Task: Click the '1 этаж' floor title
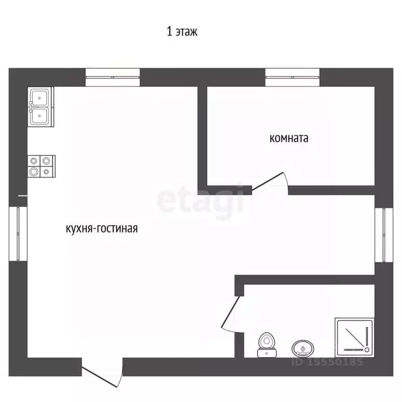coord(182,31)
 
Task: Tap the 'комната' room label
coord(289,138)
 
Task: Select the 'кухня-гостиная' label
coord(102,228)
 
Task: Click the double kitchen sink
coord(41,107)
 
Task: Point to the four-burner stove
coord(41,166)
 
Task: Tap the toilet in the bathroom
coord(266,345)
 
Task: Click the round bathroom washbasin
coord(303,349)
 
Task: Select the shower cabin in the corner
coord(354,338)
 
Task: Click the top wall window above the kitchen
coord(113,77)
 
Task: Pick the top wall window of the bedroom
coord(293,77)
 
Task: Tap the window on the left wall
coord(18,234)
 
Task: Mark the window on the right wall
coord(384,235)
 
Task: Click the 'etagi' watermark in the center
coord(200,202)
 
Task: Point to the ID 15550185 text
coord(327,362)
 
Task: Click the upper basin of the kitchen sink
coord(39,97)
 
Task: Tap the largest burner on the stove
coord(33,171)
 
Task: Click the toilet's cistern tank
coord(266,353)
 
